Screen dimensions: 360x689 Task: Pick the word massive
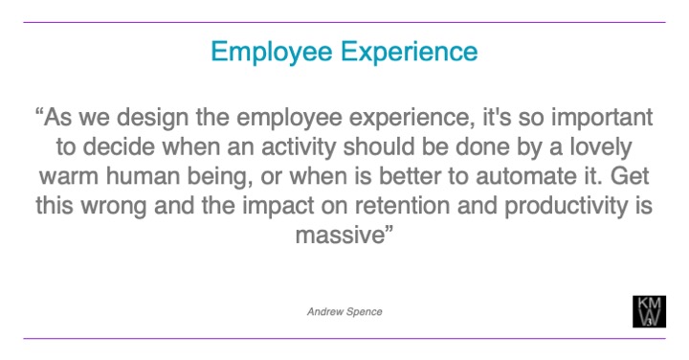pos(340,236)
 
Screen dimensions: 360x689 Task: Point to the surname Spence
pos(365,311)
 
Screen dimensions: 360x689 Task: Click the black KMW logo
pos(650,312)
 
